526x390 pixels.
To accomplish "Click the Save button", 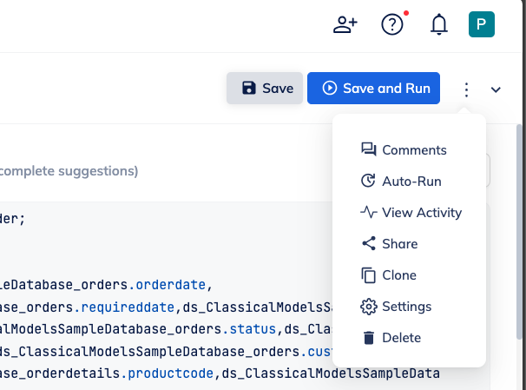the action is pos(265,89).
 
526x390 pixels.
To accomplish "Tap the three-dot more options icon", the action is pos(466,89).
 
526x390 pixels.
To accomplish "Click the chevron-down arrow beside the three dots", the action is pos(496,89).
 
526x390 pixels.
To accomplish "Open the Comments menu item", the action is pos(404,150).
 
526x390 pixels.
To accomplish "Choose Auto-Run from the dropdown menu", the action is pos(401,182).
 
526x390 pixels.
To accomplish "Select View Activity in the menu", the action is pos(411,213).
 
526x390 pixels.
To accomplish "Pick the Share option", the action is pos(390,244).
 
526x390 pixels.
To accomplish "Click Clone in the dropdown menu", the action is pos(389,275).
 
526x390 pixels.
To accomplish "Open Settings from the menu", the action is pos(396,307).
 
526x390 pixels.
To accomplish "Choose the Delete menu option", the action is pos(391,338).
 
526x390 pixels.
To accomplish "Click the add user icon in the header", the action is pos(345,24).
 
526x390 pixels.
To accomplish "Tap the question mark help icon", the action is pos(392,24).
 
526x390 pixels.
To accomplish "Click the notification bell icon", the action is pos(439,24).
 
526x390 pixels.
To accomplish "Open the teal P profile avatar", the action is pos(482,24).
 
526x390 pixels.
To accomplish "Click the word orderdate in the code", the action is pos(170,285).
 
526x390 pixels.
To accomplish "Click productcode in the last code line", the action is pos(170,373).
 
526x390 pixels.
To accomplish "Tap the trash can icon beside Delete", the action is pos(369,338).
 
